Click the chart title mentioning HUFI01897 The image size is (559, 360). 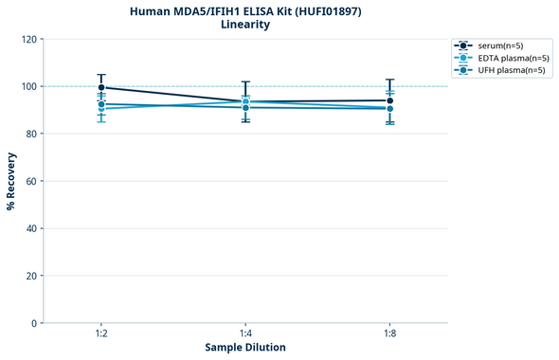click(244, 10)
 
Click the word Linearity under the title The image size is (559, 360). click(244, 25)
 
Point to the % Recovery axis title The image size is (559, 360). click(11, 181)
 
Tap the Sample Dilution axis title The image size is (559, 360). click(245, 348)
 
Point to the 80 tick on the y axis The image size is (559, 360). click(31, 135)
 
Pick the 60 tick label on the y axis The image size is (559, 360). click(31, 182)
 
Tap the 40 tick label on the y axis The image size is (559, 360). click(31, 229)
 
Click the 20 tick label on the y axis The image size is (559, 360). click(31, 277)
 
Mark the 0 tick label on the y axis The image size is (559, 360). click(34, 324)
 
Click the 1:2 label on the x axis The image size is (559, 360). click(101, 334)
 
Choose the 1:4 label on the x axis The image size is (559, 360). click(245, 334)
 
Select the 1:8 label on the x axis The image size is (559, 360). click(389, 334)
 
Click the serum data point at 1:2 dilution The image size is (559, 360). click(101, 88)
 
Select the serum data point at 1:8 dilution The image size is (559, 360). click(389, 100)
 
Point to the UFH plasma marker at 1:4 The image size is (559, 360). click(245, 107)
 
